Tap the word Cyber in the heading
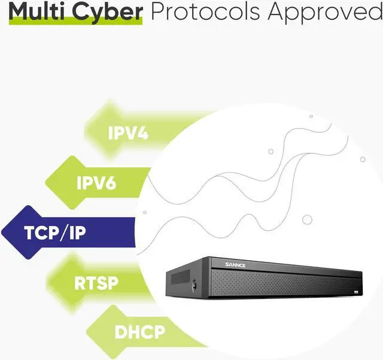tap(110, 11)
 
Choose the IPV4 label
tap(128, 132)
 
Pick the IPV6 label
tap(96, 182)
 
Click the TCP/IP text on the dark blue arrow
tap(55, 232)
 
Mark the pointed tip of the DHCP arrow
tap(87, 330)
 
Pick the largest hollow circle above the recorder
tap(307, 219)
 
